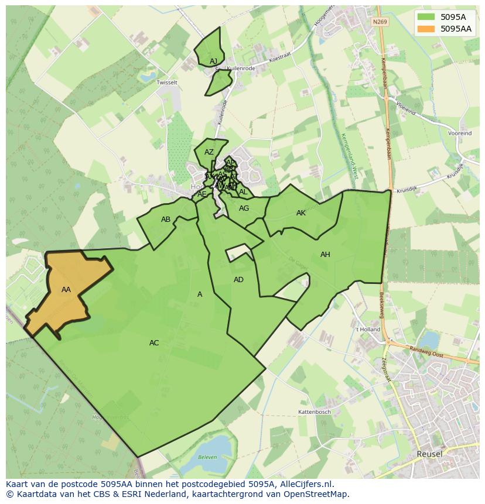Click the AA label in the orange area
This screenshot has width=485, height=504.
(x=66, y=290)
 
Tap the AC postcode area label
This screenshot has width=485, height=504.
(x=154, y=343)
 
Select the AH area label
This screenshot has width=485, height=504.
(x=325, y=255)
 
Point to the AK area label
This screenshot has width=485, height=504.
(x=301, y=213)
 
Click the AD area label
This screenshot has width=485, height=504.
(x=238, y=280)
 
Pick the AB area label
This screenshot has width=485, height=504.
(x=166, y=220)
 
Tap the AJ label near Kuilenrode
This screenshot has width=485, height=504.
(x=213, y=61)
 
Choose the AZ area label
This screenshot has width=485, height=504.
(x=209, y=152)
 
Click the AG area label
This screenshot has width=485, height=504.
(x=244, y=208)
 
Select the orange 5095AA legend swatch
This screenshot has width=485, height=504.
(x=426, y=28)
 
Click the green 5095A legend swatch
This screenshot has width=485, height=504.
(x=426, y=17)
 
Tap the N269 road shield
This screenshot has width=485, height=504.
(x=380, y=22)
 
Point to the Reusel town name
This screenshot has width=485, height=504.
(x=429, y=454)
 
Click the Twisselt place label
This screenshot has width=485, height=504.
(x=167, y=83)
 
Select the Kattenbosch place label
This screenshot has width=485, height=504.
(x=315, y=412)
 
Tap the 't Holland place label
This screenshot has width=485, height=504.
(x=368, y=330)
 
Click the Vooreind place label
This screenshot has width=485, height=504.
(x=460, y=133)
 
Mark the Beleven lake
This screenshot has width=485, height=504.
(x=206, y=454)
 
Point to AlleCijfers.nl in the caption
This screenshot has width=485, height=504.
(x=305, y=485)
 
